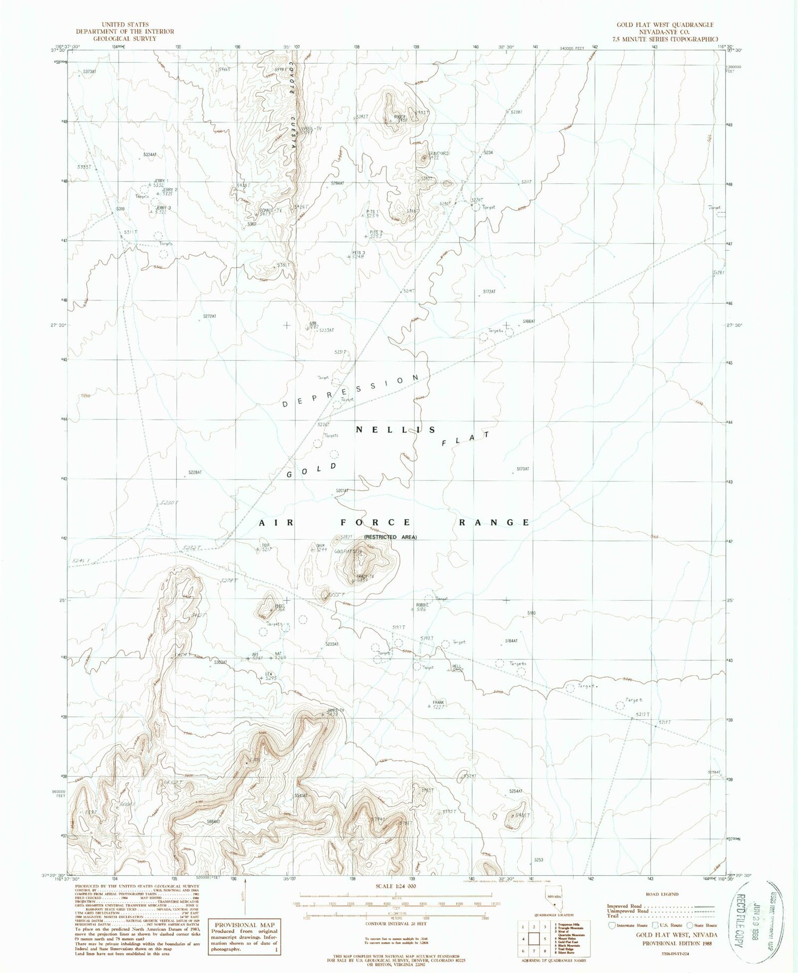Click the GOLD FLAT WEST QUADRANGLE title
[664, 25]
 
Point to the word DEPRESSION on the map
[351, 391]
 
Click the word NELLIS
[396, 430]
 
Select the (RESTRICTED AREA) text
[390, 537]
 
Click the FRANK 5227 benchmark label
[438, 704]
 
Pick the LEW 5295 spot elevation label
[270, 676]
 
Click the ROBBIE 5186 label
[422, 607]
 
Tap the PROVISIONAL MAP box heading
[245, 925]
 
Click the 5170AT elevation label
[523, 469]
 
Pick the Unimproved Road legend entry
[628, 911]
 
